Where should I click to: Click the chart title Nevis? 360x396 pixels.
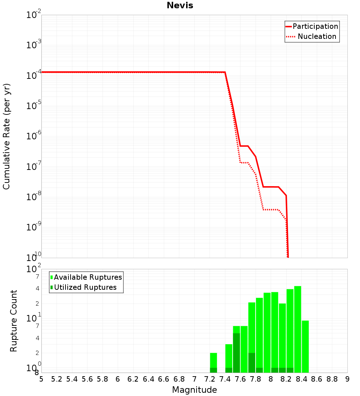pyautogui.click(x=180, y=5)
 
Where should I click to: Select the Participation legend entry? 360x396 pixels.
pyautogui.click(x=312, y=26)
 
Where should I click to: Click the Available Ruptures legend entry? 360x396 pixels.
pyautogui.click(x=86, y=277)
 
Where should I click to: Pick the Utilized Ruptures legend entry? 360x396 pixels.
pyautogui.click(x=84, y=287)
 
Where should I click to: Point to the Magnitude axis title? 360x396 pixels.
pyautogui.click(x=194, y=390)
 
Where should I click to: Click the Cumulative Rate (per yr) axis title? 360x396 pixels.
pyautogui.click(x=6, y=136)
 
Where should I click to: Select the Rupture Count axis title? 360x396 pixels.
pyautogui.click(x=13, y=321)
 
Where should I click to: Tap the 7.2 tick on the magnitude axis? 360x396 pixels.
pyautogui.click(x=210, y=379)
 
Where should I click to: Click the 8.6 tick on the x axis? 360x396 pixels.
pyautogui.click(x=317, y=379)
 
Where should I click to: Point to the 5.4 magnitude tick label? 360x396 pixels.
pyautogui.click(x=72, y=379)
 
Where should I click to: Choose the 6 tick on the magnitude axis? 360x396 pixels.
pyautogui.click(x=118, y=379)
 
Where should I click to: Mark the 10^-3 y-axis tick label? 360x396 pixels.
pyautogui.click(x=33, y=44)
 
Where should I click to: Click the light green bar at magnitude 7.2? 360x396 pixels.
pyautogui.click(x=213, y=363)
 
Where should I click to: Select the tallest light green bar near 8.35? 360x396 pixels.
pyautogui.click(x=298, y=329)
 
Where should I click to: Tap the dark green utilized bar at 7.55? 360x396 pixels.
pyautogui.click(x=237, y=353)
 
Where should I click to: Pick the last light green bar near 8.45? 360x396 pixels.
pyautogui.click(x=305, y=346)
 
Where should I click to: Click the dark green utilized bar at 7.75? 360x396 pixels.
pyautogui.click(x=252, y=363)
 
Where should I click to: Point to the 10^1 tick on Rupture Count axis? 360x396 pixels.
pyautogui.click(x=33, y=318)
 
